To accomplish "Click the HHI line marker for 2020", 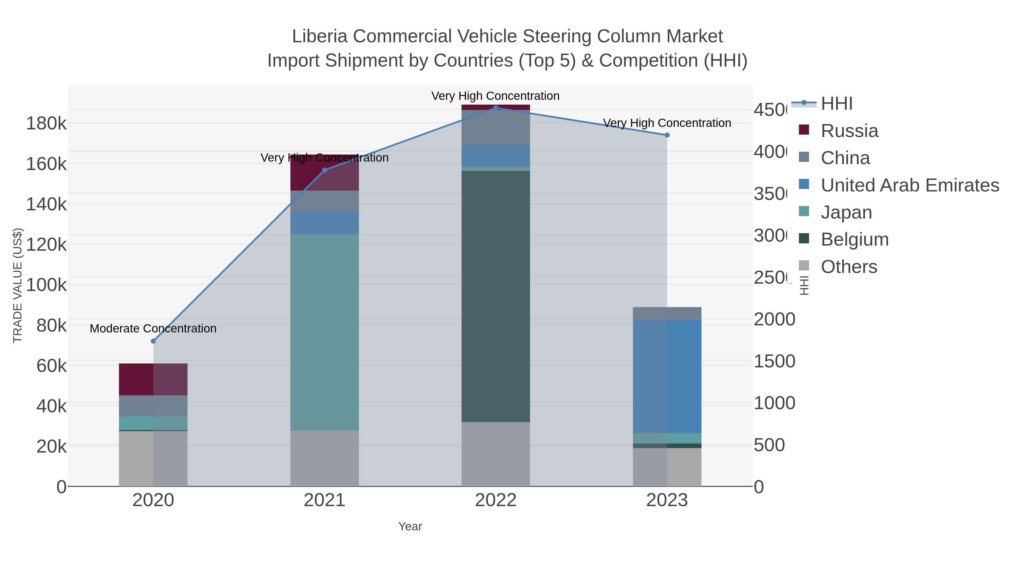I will click(x=153, y=341).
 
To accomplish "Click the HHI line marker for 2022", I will click(x=496, y=108).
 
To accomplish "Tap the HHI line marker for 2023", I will click(x=667, y=135).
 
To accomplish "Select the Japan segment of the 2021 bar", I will click(x=324, y=332).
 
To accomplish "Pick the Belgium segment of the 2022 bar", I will click(x=496, y=296).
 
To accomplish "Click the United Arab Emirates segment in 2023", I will click(x=667, y=376).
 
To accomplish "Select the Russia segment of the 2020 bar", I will click(x=153, y=379).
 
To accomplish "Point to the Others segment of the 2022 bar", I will click(x=496, y=454).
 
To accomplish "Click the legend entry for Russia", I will click(x=849, y=131).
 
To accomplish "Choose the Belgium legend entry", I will click(x=854, y=240).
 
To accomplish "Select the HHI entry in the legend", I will click(x=836, y=104).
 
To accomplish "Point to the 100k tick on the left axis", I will click(x=47, y=285).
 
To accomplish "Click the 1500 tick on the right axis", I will click(x=774, y=361).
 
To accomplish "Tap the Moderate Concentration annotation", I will click(x=153, y=328).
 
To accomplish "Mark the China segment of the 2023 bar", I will click(x=667, y=314).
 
